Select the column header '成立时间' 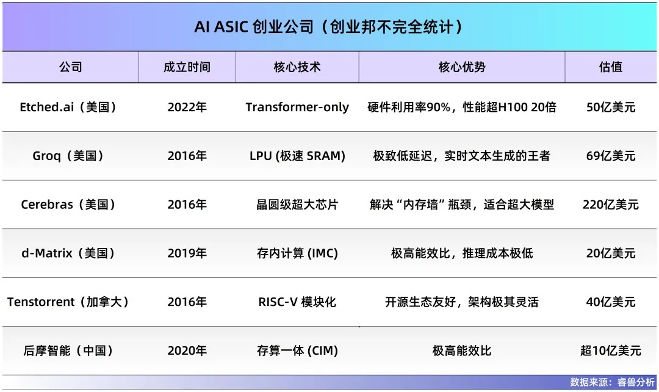click(x=187, y=67)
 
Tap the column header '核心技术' click(x=297, y=67)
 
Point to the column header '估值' click(x=610, y=67)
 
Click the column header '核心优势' click(x=462, y=67)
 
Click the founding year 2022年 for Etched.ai click(x=187, y=107)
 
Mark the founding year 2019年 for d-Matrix click(x=187, y=253)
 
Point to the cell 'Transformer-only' click(x=297, y=107)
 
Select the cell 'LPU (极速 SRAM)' click(x=297, y=156)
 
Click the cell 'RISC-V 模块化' click(x=297, y=302)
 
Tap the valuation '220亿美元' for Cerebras click(x=610, y=205)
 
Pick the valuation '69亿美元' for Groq click(x=610, y=156)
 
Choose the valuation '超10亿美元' click(x=610, y=350)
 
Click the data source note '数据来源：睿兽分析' click(x=612, y=382)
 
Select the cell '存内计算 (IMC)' click(x=297, y=253)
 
